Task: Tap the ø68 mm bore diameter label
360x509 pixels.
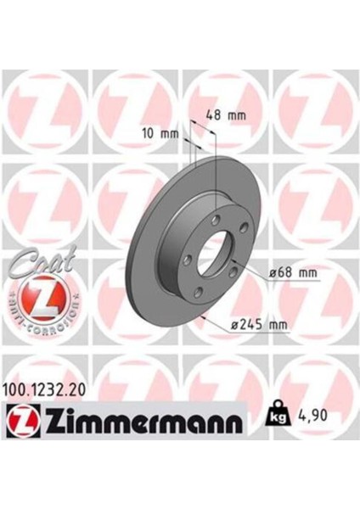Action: coord(292,273)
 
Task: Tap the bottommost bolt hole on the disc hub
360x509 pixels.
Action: coord(199,294)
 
